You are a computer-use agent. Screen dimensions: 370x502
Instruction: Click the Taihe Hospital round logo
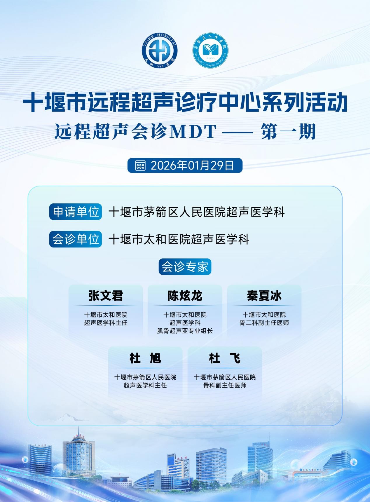(x=160, y=51)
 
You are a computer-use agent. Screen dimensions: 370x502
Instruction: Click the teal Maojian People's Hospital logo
(x=210, y=51)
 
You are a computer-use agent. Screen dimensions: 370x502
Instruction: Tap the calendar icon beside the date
(x=140, y=165)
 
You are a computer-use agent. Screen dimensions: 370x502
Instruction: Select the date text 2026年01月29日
(x=193, y=165)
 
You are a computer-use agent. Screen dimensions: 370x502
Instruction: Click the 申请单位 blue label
(x=76, y=212)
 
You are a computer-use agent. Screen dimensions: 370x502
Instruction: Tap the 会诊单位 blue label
(x=76, y=239)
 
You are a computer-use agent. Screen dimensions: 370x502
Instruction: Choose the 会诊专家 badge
(x=185, y=267)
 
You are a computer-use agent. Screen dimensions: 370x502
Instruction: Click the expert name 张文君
(x=106, y=296)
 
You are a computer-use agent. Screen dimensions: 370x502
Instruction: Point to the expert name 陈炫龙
(x=185, y=296)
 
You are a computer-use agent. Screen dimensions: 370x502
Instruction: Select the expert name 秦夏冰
(x=264, y=296)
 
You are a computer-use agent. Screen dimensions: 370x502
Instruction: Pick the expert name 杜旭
(x=145, y=358)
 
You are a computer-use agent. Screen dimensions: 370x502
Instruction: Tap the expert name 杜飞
(x=225, y=358)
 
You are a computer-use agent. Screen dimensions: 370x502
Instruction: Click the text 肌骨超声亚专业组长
(x=185, y=331)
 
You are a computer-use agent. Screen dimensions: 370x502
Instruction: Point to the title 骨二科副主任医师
(x=264, y=323)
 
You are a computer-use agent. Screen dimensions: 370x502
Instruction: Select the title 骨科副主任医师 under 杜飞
(x=225, y=385)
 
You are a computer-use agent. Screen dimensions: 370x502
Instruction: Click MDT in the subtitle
(x=193, y=132)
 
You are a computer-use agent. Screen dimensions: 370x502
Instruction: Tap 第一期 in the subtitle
(x=288, y=132)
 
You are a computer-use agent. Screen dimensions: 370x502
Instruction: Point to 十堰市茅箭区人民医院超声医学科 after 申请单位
(x=197, y=212)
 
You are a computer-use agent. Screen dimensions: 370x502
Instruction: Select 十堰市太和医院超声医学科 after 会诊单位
(x=179, y=240)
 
